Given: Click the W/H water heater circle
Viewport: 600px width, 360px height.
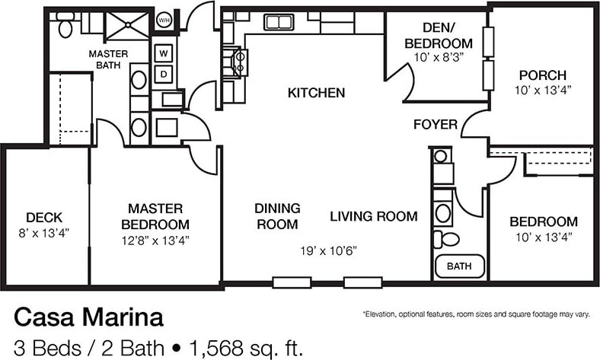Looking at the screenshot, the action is pyautogui.click(x=164, y=20).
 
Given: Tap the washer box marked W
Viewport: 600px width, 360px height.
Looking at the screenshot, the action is pyautogui.click(x=164, y=53).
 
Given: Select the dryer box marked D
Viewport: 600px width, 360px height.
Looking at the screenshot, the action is pyautogui.click(x=164, y=75).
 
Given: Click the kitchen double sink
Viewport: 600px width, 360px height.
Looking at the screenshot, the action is pyautogui.click(x=279, y=22).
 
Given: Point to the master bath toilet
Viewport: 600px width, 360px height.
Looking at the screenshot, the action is pyautogui.click(x=65, y=25).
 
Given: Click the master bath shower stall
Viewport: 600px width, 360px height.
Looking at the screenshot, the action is pyautogui.click(x=127, y=25).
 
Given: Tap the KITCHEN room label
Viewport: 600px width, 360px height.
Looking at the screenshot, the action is pyautogui.click(x=317, y=93).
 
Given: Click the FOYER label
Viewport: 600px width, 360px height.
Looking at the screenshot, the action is pyautogui.click(x=436, y=124).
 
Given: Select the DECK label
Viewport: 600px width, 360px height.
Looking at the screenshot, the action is pyautogui.click(x=44, y=218).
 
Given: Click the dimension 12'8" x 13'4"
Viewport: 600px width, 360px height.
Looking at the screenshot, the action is pyautogui.click(x=155, y=241).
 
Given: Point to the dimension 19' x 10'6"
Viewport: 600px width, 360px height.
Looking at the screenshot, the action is pyautogui.click(x=329, y=251).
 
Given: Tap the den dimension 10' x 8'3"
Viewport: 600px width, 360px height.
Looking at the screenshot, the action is pyautogui.click(x=439, y=57).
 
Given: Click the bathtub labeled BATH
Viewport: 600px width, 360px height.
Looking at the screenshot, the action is pyautogui.click(x=460, y=266).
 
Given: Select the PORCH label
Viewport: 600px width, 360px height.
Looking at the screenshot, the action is pyautogui.click(x=543, y=75).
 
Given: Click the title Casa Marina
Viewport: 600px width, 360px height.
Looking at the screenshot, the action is pyautogui.click(x=89, y=317).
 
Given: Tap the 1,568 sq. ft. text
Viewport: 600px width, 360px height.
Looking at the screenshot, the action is pyautogui.click(x=246, y=348).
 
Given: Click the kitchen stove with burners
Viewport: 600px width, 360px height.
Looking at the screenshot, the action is pyautogui.click(x=235, y=62).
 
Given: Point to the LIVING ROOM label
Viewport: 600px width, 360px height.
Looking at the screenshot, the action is pyautogui.click(x=374, y=216).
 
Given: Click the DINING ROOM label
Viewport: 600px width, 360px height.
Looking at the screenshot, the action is pyautogui.click(x=277, y=216).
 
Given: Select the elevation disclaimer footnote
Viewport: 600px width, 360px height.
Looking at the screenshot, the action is pyautogui.click(x=477, y=314).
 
